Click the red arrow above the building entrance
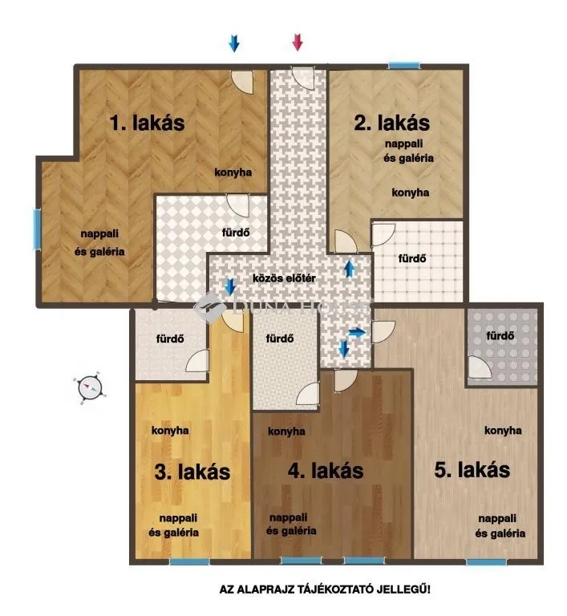click(298, 43)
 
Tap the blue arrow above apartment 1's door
click(234, 43)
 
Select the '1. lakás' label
click(147, 124)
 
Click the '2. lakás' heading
click(392, 123)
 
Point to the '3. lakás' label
click(192, 472)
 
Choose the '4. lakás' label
click(325, 470)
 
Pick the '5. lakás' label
click(472, 470)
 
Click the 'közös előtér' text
click(283, 278)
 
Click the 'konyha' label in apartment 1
click(233, 172)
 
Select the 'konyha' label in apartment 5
click(504, 431)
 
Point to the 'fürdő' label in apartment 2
click(411, 258)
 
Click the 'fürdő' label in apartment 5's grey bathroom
click(500, 335)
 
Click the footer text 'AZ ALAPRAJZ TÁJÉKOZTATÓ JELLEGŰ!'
click(325, 590)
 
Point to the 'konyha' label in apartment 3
click(170, 430)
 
